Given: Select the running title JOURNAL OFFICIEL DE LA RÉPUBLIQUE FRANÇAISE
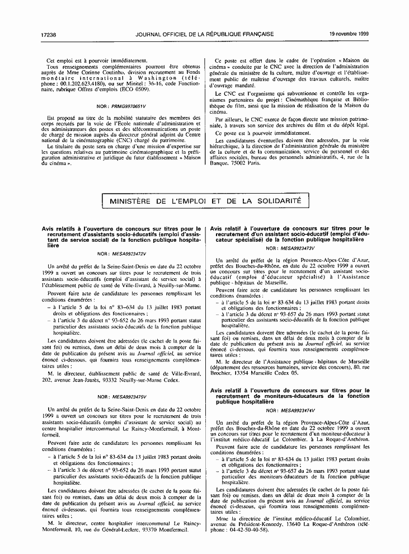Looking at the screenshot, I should coord(205,34).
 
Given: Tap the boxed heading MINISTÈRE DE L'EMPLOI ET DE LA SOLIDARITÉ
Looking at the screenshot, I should coord(205,200).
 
